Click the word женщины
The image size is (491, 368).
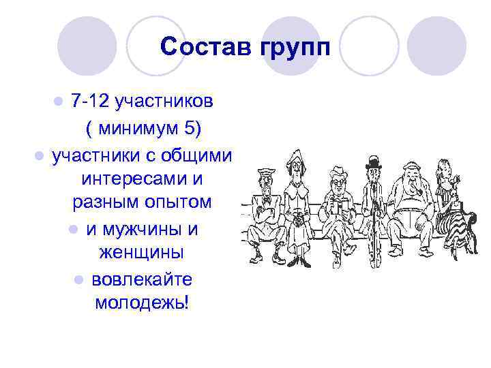140,253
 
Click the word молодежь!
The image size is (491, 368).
141,303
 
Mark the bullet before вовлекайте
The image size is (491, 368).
80,279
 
